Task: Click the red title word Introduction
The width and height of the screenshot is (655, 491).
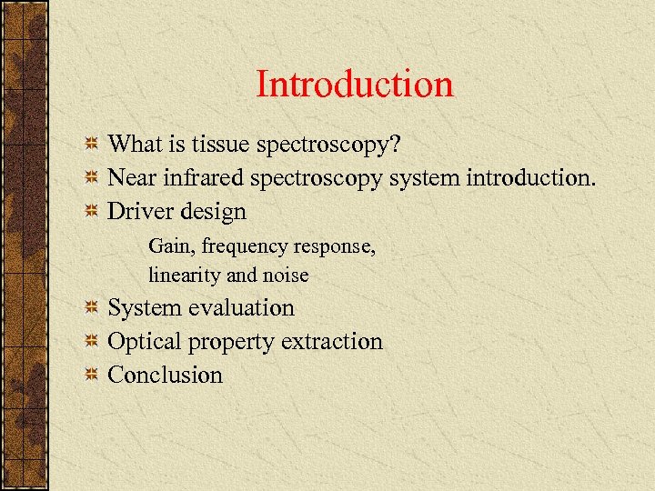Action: (354, 85)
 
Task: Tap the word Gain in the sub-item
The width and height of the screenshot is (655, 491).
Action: (168, 245)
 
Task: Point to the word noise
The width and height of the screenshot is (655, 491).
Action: (284, 275)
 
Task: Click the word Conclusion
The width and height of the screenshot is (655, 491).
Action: (165, 375)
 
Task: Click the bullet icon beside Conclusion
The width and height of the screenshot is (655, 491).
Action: (91, 376)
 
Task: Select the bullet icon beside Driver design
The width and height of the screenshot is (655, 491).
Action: (91, 212)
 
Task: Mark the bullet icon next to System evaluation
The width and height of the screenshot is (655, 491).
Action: (91, 309)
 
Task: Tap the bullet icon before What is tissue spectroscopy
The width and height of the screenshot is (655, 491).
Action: (91, 145)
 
